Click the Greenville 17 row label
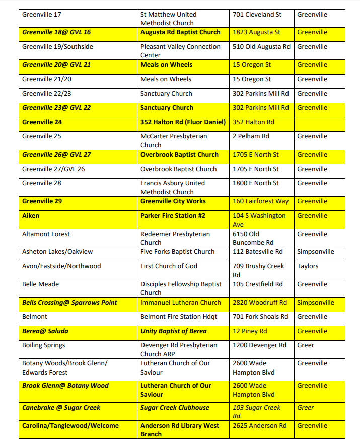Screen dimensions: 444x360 tap(41, 15)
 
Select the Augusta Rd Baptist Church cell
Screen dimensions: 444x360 tap(180, 32)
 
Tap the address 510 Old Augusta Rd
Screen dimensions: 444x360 tap(261, 47)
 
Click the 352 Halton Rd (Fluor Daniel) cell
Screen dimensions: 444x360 tap(183, 122)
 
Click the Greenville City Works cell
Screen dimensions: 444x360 tap(173, 201)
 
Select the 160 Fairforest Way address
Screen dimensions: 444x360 tap(261, 201)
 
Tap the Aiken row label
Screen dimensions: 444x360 tap(31, 216)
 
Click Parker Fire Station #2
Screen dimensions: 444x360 tap(173, 216)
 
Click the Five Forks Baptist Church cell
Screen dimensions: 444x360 tap(177, 252)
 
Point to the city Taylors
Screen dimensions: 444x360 tap(308, 266)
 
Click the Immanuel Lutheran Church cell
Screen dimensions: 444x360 tap(181, 303)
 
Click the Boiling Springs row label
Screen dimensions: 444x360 tap(44, 345)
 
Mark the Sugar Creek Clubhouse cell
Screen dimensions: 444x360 tap(175, 408)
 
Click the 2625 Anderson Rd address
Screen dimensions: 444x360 tap(259, 426)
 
